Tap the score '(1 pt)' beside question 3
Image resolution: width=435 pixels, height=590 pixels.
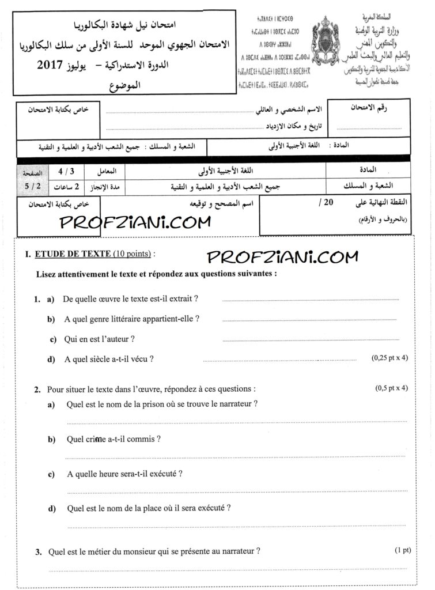(403, 550)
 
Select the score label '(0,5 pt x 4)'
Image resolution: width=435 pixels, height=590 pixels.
(392, 388)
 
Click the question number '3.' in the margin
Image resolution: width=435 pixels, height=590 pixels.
(38, 552)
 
